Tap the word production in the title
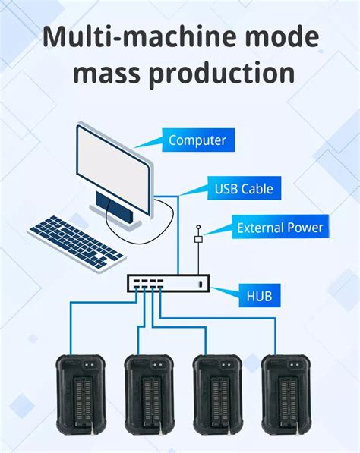(x=221, y=74)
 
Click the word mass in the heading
(x=102, y=74)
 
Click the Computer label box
(x=197, y=140)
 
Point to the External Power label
(x=279, y=227)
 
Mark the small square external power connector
(x=198, y=239)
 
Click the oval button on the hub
(x=199, y=284)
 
